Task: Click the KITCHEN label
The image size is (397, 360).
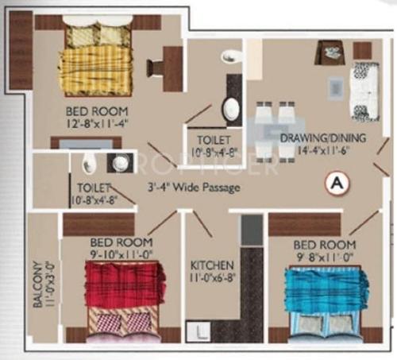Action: pos(210,265)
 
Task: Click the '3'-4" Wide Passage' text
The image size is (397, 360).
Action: pos(193,188)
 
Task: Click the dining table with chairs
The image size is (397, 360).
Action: pos(273,127)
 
